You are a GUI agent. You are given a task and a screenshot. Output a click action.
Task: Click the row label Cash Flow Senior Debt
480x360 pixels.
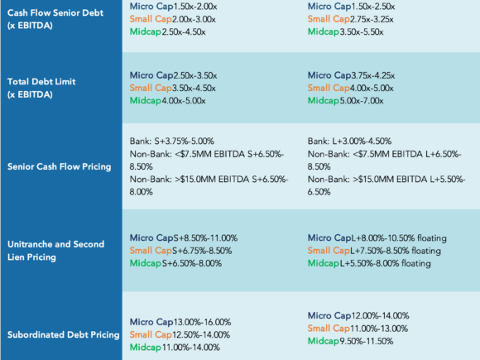55,19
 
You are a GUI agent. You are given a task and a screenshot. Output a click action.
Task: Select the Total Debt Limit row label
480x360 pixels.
41,88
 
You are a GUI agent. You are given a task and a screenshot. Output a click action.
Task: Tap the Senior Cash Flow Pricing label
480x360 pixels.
59,166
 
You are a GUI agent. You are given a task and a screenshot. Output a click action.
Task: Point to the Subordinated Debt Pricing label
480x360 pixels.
64,334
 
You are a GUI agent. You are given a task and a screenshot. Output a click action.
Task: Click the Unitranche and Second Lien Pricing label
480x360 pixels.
55,251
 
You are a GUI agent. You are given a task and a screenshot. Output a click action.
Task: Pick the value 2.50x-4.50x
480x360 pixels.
184,31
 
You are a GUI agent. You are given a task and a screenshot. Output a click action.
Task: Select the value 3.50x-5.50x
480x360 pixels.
362,31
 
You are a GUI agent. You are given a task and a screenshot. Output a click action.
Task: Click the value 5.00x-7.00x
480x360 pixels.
362,101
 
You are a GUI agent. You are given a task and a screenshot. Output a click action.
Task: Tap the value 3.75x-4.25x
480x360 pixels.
373,75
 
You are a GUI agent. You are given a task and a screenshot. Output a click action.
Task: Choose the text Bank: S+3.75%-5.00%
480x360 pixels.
172,142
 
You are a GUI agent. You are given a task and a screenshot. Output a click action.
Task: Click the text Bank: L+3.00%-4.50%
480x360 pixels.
349,142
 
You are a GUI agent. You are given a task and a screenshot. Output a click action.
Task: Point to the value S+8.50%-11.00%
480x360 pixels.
205,238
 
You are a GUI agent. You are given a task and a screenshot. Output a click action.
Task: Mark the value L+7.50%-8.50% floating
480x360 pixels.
396,251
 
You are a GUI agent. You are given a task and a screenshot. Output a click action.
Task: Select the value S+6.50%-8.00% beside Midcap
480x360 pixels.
192,263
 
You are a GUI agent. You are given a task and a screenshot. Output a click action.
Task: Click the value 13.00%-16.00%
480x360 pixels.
203,322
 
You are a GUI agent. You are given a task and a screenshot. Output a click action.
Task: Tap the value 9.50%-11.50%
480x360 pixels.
367,341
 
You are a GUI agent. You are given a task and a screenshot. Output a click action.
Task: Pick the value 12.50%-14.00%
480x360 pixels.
201,335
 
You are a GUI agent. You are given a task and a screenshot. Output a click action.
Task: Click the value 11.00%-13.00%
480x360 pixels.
379,329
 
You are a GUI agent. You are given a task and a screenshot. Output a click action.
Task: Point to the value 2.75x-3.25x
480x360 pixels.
372,19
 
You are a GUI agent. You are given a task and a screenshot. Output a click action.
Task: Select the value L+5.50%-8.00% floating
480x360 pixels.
386,263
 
